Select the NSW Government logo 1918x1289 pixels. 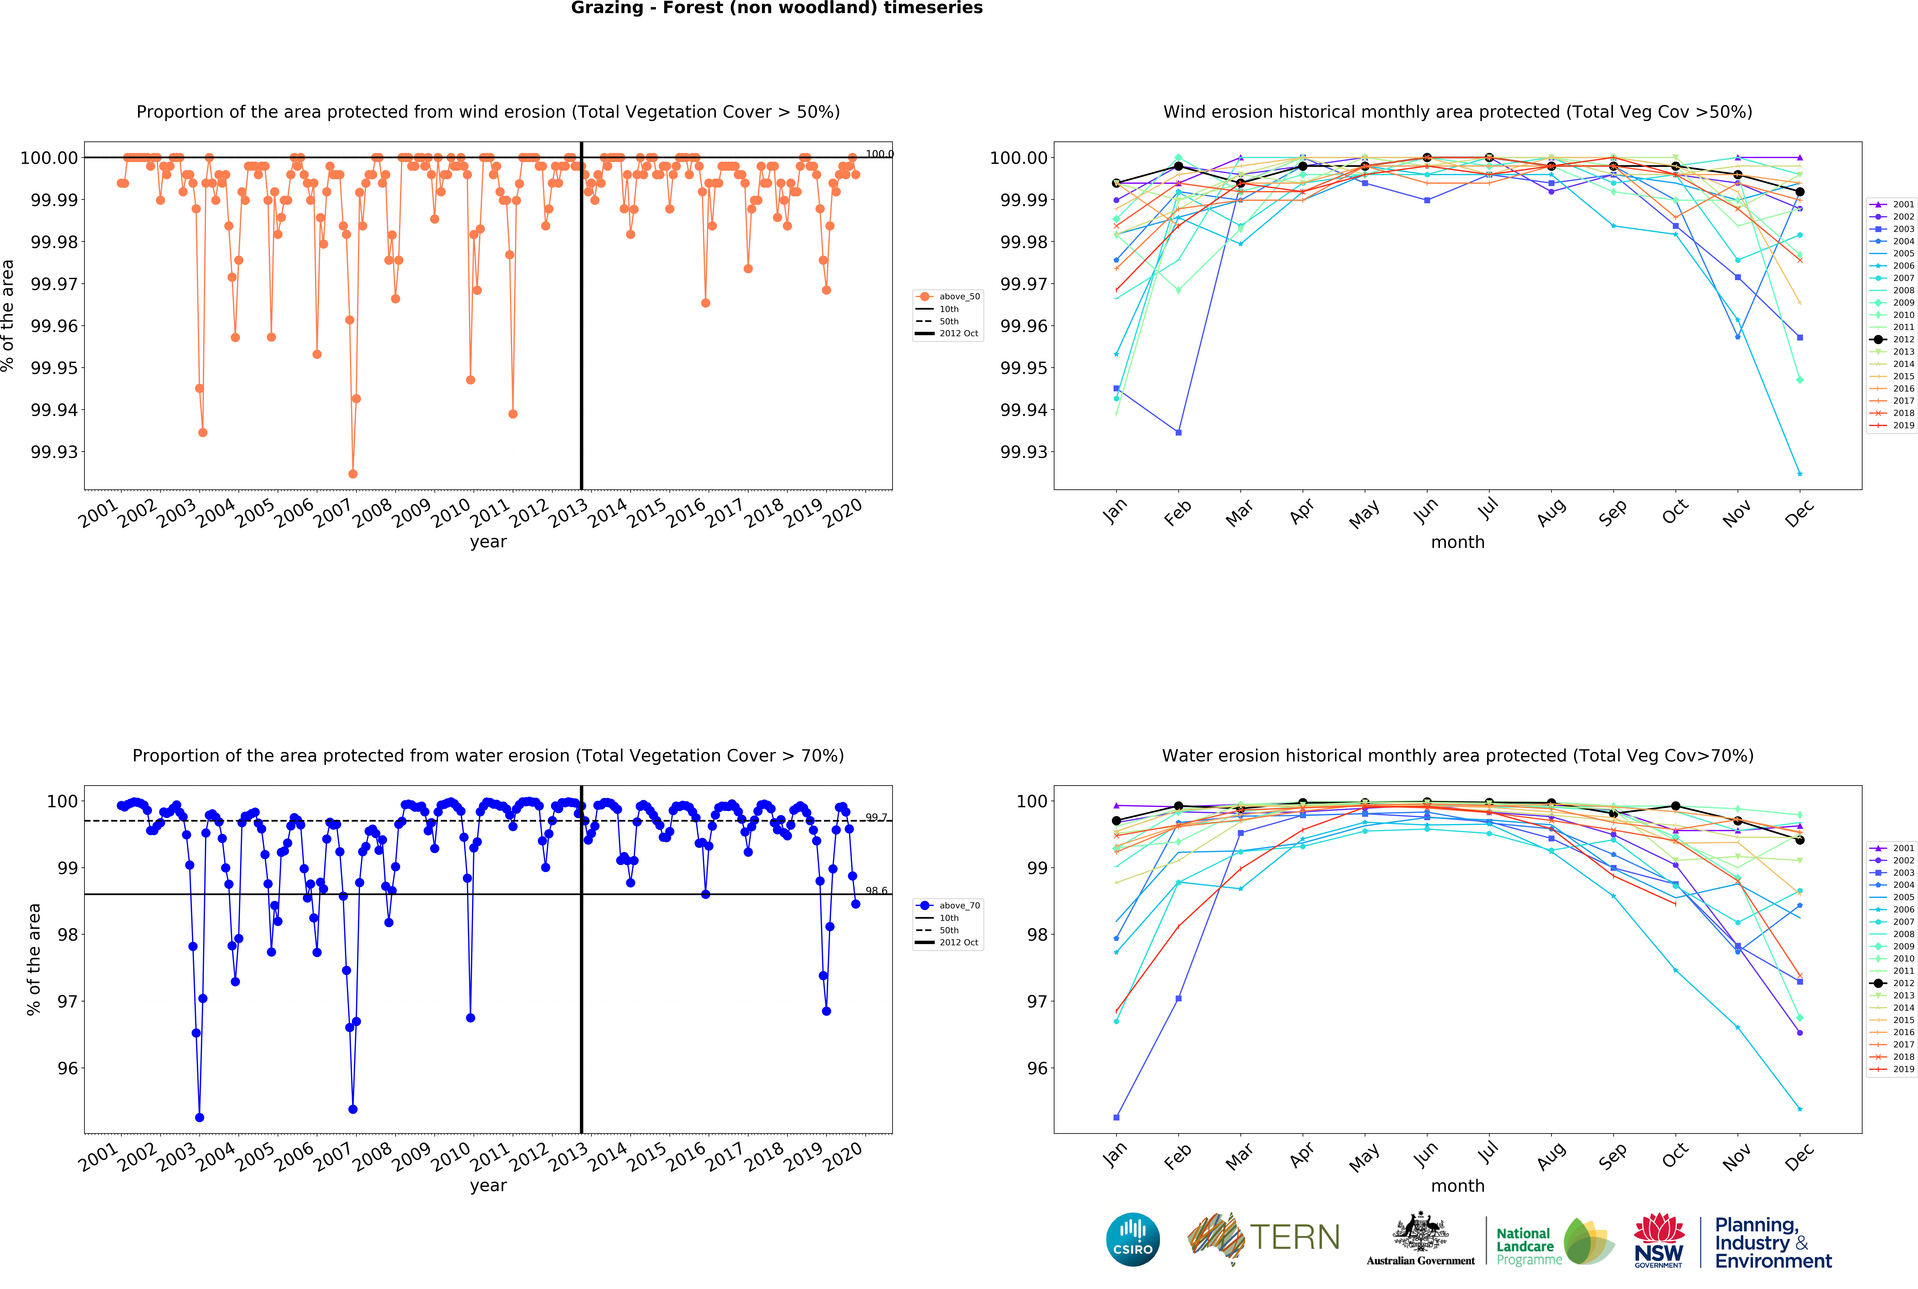(1658, 1240)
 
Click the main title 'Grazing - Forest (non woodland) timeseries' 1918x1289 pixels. (777, 8)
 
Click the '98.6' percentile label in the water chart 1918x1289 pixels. (876, 890)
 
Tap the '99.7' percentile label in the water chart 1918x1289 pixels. (876, 817)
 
